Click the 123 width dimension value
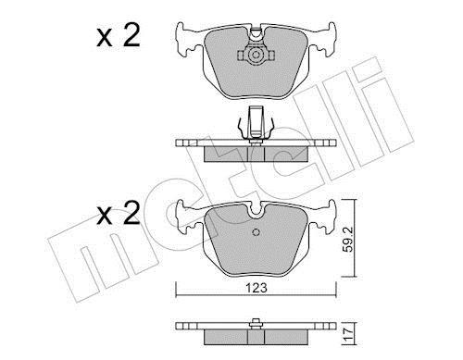pos(257,288)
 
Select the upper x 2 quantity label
pos(119,36)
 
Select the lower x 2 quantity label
pos(119,213)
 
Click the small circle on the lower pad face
pos(256,232)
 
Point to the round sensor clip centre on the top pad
pos(256,56)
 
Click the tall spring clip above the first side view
pos(256,122)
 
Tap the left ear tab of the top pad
pos(189,40)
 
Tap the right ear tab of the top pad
pos(322,40)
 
